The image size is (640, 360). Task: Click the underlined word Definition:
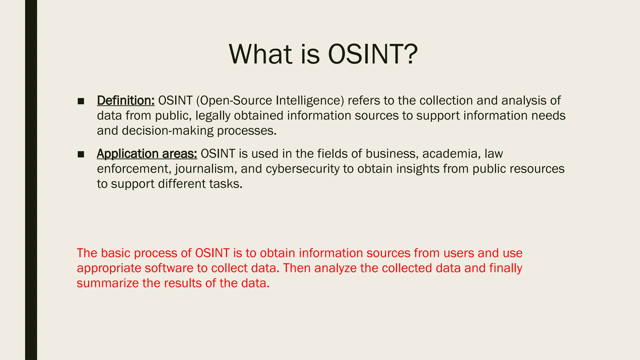[126, 101]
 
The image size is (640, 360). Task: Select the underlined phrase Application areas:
[147, 154]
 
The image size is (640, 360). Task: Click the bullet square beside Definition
[81, 101]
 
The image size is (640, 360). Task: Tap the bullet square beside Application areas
[81, 154]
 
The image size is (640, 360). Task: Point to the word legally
[213, 116]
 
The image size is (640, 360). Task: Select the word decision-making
[167, 131]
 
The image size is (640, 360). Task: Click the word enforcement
[134, 169]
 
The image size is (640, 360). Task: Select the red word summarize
[107, 283]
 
